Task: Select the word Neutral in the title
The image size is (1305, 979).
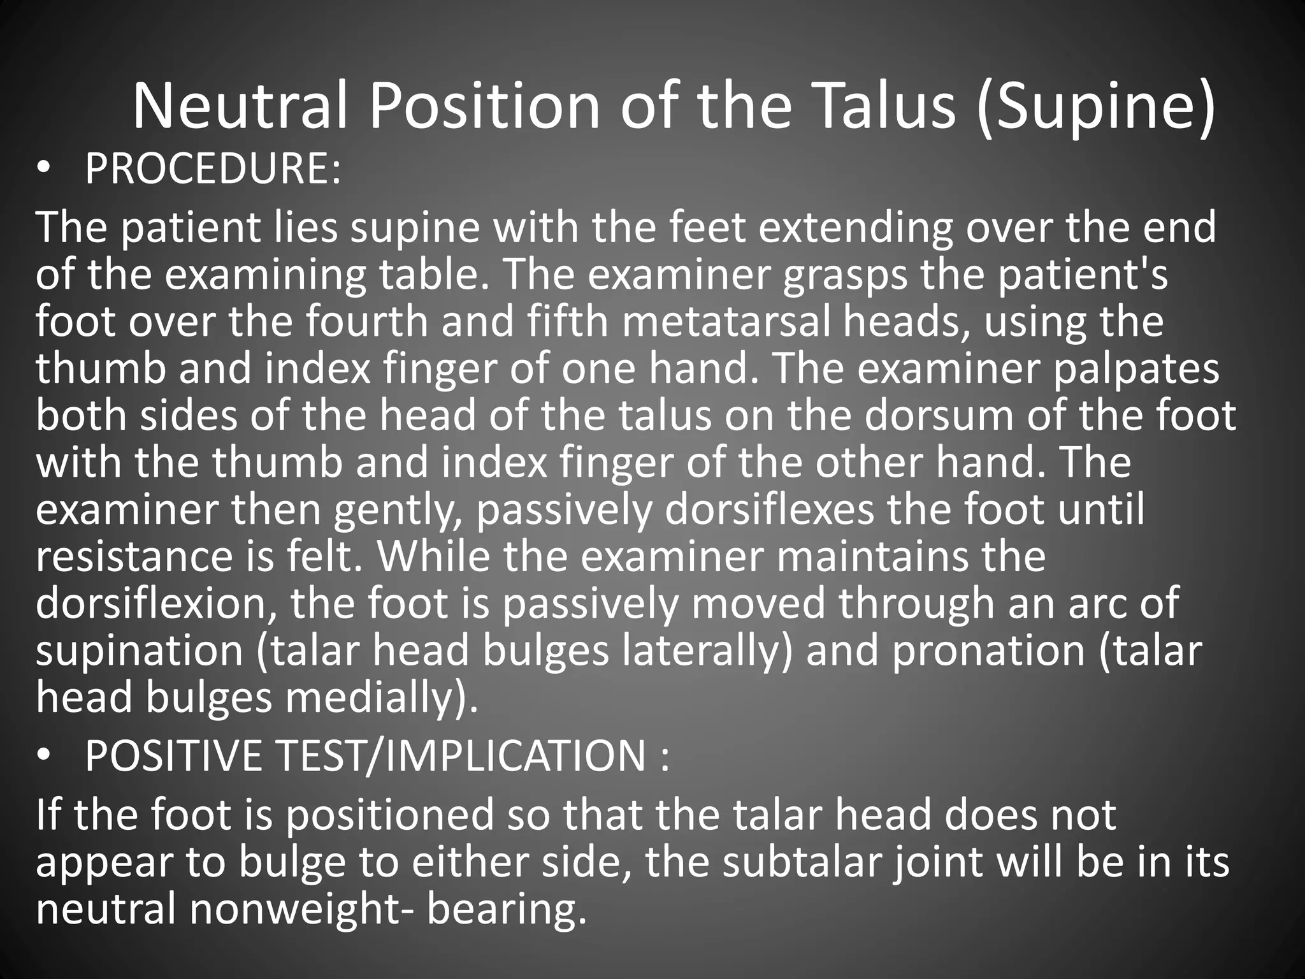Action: pos(240,105)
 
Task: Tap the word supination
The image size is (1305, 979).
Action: pos(140,651)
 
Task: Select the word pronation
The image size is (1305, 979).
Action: pos(988,651)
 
